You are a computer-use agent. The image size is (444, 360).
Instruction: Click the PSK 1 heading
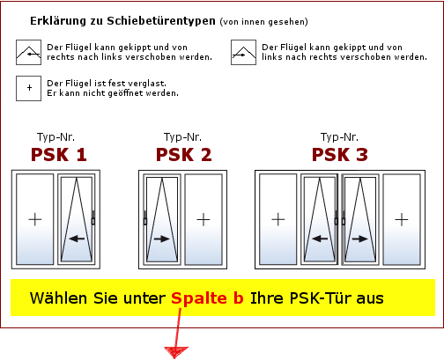pyautogui.click(x=59, y=155)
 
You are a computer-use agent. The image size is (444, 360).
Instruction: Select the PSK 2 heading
pyautogui.click(x=184, y=155)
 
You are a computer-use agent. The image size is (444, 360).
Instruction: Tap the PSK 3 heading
pyautogui.click(x=340, y=155)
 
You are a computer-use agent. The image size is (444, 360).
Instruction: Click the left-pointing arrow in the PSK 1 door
pyautogui.click(x=77, y=239)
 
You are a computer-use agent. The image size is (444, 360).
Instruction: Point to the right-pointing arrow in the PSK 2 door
pyautogui.click(x=162, y=239)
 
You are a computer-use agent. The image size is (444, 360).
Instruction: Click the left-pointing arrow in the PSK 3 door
pyautogui.click(x=320, y=239)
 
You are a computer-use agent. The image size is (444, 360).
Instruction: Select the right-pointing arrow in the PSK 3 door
pyautogui.click(x=360, y=239)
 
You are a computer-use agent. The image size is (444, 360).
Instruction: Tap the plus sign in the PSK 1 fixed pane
pyautogui.click(x=35, y=219)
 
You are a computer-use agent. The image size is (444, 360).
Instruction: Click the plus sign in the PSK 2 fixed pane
pyautogui.click(x=203, y=219)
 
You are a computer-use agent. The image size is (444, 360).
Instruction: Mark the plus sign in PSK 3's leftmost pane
pyautogui.click(x=278, y=219)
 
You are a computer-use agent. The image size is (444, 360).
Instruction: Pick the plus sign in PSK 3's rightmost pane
pyautogui.click(x=402, y=219)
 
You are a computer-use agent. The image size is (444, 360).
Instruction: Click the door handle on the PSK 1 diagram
pyautogui.click(x=93, y=218)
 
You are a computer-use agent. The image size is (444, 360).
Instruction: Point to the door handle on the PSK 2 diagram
pyautogui.click(x=145, y=218)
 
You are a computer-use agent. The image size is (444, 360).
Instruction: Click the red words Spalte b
pyautogui.click(x=207, y=298)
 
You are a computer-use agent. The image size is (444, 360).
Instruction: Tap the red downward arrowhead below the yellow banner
pyautogui.click(x=176, y=352)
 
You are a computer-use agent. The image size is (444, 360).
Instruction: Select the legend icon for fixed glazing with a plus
pyautogui.click(x=28, y=88)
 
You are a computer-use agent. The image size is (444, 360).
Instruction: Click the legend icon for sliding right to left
pyautogui.click(x=28, y=53)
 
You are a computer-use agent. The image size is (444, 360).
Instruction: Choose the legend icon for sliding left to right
pyautogui.click(x=243, y=53)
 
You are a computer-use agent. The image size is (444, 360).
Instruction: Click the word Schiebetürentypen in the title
pyautogui.click(x=161, y=21)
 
